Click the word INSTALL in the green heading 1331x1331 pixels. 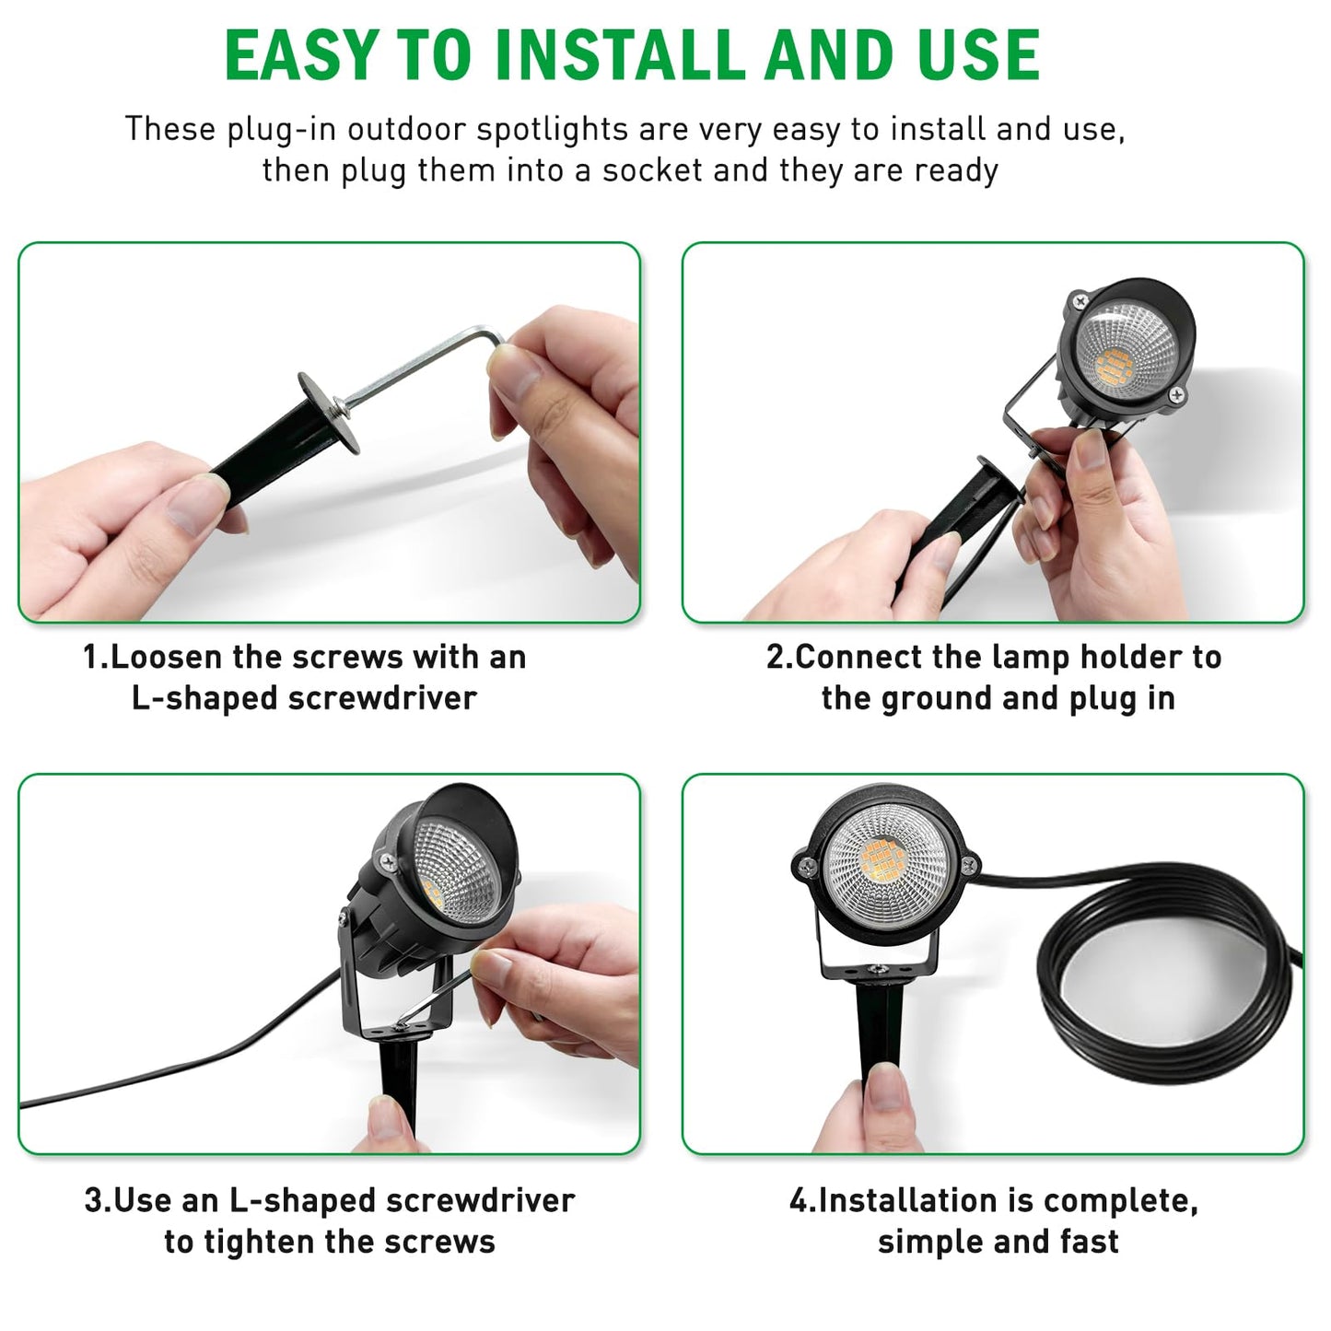coord(621,55)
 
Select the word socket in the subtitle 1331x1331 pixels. coord(651,169)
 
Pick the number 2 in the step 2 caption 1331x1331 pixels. coord(775,657)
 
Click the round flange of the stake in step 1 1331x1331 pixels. coord(329,413)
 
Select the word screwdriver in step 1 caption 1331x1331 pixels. coord(382,698)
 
